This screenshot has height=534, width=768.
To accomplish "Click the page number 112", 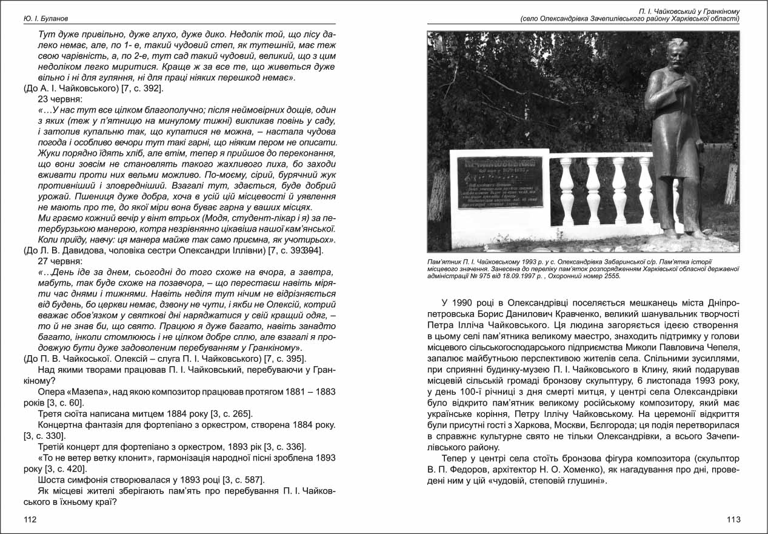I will click(30, 519).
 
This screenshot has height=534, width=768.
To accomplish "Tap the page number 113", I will click(733, 519).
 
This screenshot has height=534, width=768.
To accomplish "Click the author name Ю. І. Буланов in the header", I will click(45, 19).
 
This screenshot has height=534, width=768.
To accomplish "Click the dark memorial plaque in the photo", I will click(499, 182).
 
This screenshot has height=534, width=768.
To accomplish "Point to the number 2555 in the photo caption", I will click(610, 276).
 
